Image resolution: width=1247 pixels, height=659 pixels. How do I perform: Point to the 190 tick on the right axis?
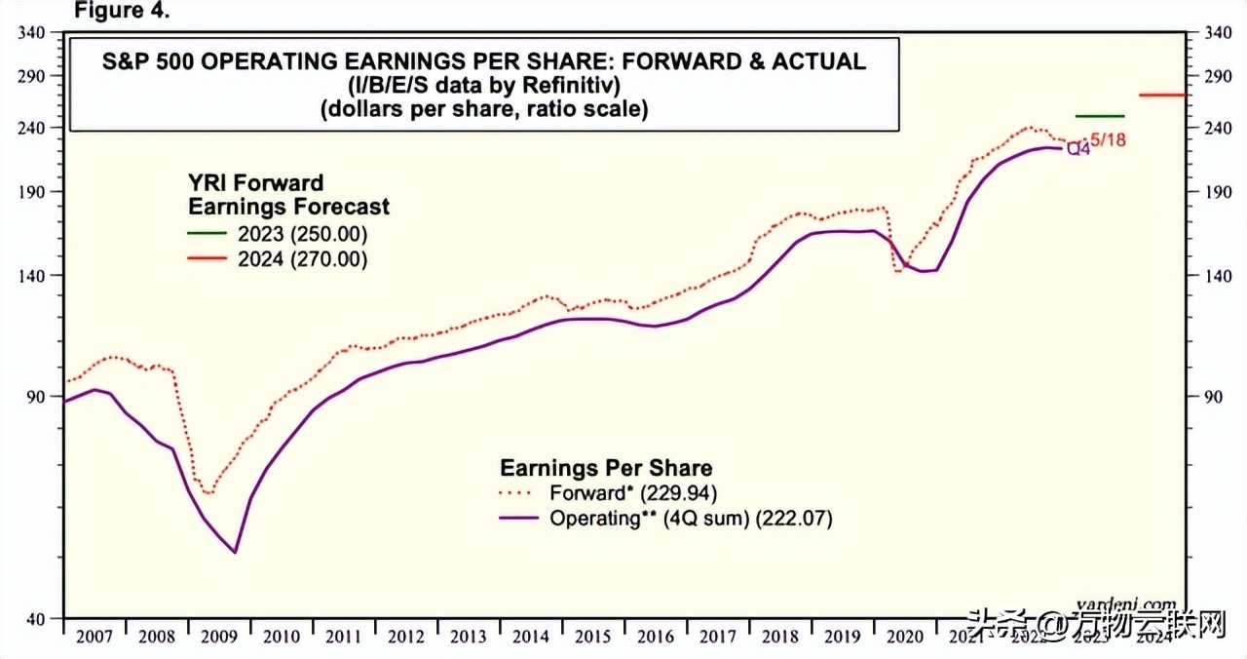1205,192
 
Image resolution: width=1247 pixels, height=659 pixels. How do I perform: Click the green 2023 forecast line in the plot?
1099,116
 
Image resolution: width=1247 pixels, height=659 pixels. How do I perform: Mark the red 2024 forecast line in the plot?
1162,95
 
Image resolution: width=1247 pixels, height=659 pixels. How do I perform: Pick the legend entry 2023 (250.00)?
302,234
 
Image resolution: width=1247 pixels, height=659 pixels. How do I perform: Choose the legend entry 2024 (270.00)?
302,259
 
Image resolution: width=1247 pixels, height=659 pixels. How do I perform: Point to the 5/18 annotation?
1108,139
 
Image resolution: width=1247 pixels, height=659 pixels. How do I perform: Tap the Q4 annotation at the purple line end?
1078,149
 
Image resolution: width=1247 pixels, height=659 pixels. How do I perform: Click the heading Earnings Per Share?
606,467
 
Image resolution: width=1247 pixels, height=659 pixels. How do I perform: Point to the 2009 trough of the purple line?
236,553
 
